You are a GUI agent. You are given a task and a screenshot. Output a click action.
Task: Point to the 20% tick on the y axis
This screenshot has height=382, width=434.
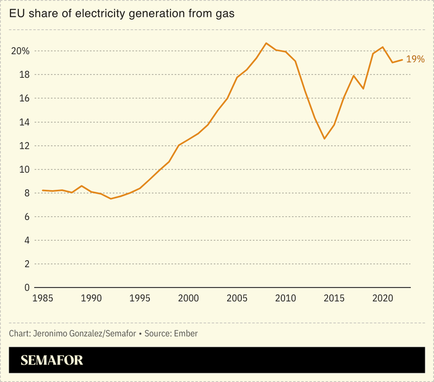(x=21, y=51)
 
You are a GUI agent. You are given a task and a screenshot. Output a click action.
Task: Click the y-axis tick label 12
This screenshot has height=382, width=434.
(x=23, y=146)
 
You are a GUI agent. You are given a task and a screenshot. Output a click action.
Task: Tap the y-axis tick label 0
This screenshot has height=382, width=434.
(x=26, y=287)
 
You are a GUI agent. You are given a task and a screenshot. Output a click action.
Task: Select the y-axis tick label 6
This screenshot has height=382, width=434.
(x=26, y=217)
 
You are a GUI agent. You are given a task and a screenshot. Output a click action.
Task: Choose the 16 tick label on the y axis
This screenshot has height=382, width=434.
(x=23, y=98)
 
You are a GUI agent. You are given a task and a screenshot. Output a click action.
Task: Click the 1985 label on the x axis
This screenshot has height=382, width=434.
(x=43, y=298)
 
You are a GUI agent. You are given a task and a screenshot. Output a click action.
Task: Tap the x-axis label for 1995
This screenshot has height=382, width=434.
(x=140, y=298)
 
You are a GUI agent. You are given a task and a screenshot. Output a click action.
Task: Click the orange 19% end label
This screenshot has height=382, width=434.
(x=415, y=59)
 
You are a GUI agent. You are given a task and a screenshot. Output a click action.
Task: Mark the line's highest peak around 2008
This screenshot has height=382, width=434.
(x=266, y=43)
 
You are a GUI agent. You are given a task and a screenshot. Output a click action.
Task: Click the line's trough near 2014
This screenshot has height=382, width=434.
(x=324, y=139)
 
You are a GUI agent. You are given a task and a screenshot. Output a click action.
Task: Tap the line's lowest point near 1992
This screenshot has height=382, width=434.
(x=111, y=199)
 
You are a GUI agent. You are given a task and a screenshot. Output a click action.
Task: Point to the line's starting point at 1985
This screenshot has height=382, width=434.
(x=43, y=190)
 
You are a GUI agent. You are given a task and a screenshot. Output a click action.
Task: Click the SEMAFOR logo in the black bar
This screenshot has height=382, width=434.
(x=52, y=360)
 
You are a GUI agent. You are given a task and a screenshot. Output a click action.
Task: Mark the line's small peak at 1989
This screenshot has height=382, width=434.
(x=81, y=186)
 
